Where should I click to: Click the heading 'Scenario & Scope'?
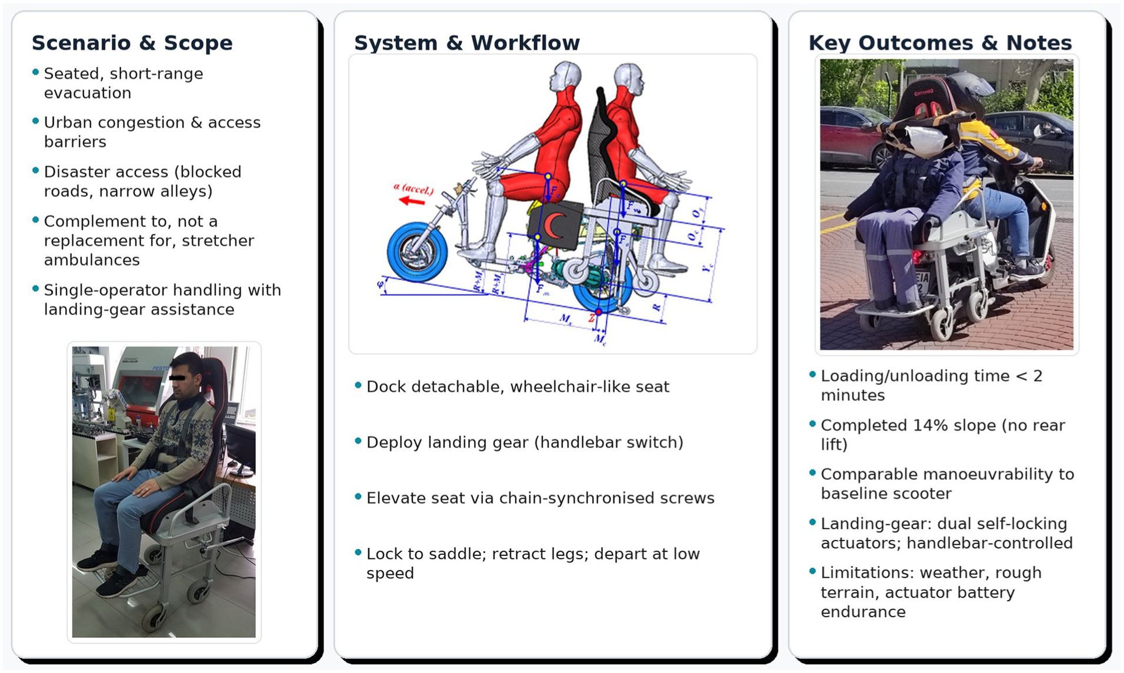132,43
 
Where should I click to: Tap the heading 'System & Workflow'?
467,43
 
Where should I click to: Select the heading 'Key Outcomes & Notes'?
940,43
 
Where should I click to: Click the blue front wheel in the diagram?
416,252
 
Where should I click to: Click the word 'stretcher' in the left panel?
218,241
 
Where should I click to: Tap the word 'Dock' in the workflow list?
386,387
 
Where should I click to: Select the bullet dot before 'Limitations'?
812,571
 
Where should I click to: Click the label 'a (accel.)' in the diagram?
413,189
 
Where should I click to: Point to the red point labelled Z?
598,312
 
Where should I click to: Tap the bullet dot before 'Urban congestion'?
35,121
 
